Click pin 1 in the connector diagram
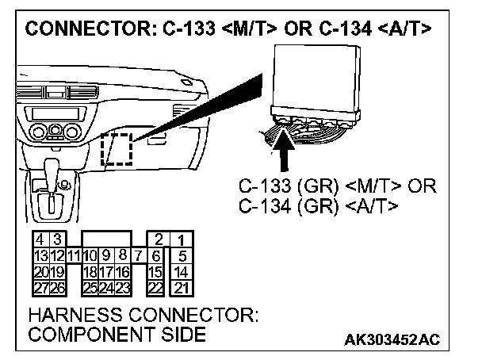pos(182,239)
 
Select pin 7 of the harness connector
pos(138,255)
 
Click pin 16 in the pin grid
pos(124,270)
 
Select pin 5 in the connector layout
pos(182,255)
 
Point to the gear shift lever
pos(53,179)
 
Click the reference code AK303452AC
pos(390,340)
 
